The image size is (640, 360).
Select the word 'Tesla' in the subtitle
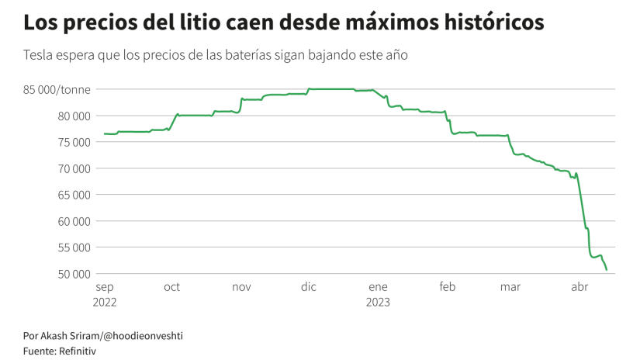[x=38, y=56]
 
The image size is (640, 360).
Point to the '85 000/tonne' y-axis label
[x=58, y=89]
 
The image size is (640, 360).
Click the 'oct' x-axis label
[x=172, y=288]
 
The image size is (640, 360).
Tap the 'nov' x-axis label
[x=241, y=288]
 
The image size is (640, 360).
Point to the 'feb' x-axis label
[x=448, y=288]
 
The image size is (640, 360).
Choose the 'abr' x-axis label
[x=579, y=288]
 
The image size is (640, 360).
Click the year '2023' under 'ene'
[x=378, y=302]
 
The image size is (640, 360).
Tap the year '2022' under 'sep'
[x=104, y=302]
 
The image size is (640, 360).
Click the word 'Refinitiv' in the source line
[x=75, y=351]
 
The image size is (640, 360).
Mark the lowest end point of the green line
[x=607, y=270]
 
